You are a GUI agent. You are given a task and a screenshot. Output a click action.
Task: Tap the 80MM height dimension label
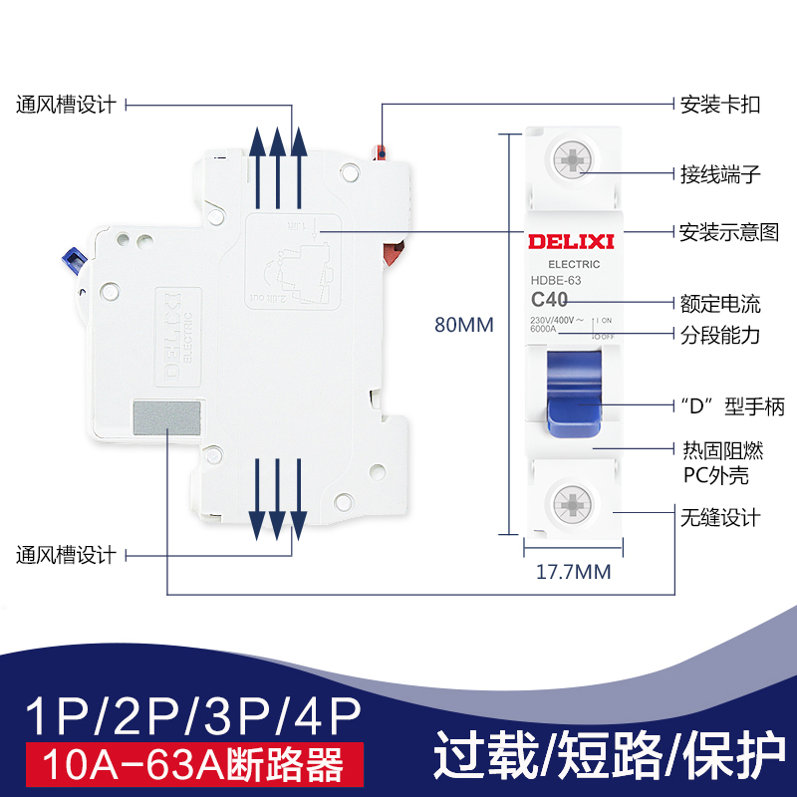[463, 325]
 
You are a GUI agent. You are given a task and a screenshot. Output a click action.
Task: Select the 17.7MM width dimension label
[574, 573]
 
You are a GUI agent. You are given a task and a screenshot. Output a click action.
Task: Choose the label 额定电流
[719, 302]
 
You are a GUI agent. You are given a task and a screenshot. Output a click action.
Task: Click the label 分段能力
[719, 335]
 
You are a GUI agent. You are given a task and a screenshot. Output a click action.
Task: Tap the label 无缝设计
[719, 517]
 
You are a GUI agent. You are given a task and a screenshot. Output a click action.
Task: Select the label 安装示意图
[728, 232]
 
